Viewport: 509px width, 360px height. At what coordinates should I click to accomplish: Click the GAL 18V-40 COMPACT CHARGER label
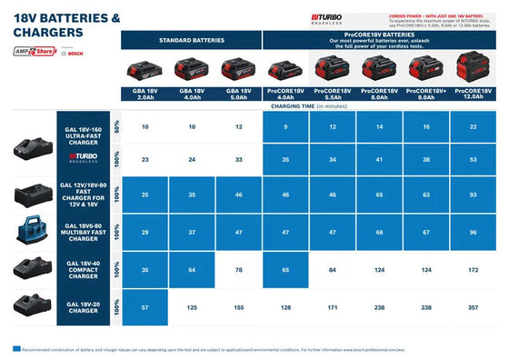click(84, 270)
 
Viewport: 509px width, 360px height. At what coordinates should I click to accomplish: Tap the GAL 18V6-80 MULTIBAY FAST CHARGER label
click(84, 232)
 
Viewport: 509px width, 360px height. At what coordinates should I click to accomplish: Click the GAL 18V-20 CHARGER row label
click(84, 309)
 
